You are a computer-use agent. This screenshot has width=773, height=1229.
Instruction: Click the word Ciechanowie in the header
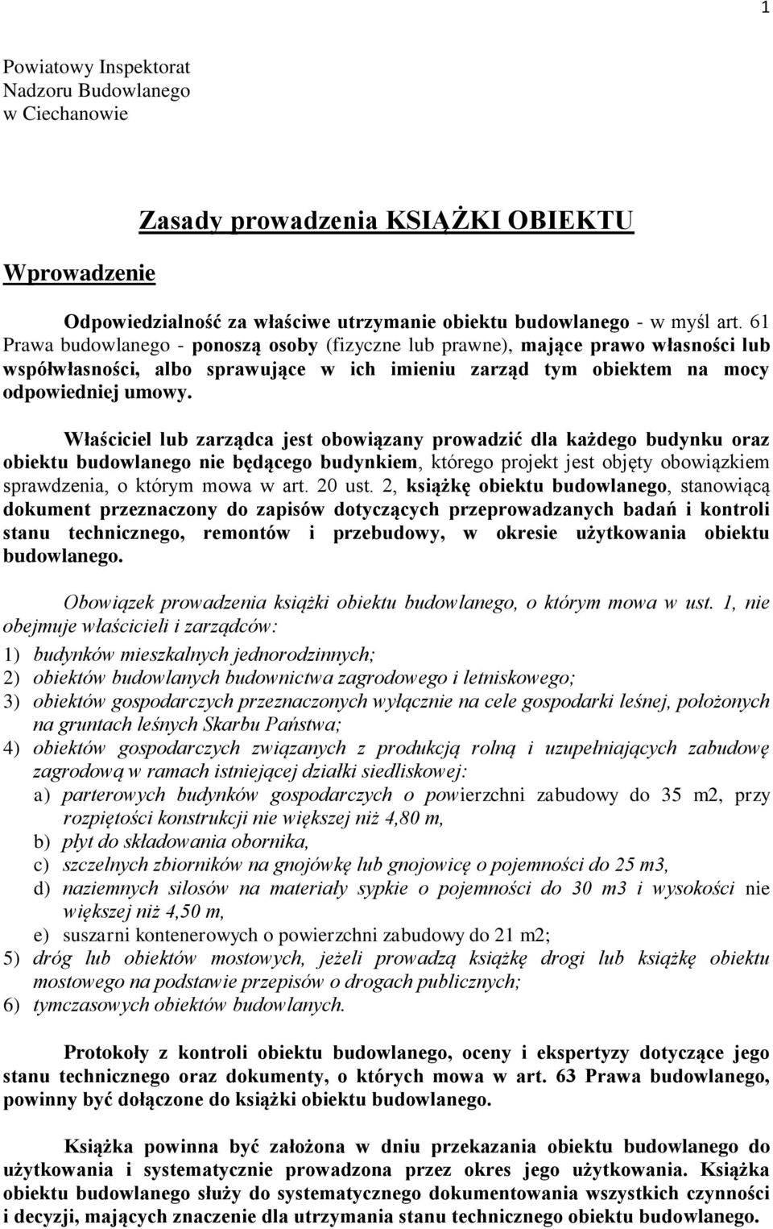pos(75,113)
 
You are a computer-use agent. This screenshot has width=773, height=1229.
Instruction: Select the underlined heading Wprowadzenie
pos(79,272)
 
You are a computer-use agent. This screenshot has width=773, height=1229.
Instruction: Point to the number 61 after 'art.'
pos(759,321)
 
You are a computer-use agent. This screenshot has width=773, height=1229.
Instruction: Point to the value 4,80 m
pos(413,818)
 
